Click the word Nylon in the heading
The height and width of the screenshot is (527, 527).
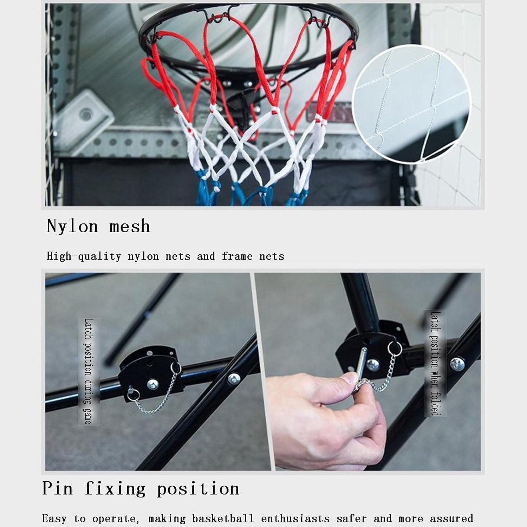tap(72, 226)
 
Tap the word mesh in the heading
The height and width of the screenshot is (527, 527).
tap(130, 226)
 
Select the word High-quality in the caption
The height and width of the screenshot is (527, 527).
tap(84, 256)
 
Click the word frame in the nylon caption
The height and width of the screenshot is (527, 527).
tap(237, 256)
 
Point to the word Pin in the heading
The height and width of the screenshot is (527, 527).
tap(57, 488)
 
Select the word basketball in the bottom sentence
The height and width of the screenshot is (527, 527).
tap(222, 519)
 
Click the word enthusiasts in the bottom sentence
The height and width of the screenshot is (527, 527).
tap(295, 519)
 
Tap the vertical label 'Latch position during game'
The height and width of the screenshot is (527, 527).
tap(89, 371)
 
